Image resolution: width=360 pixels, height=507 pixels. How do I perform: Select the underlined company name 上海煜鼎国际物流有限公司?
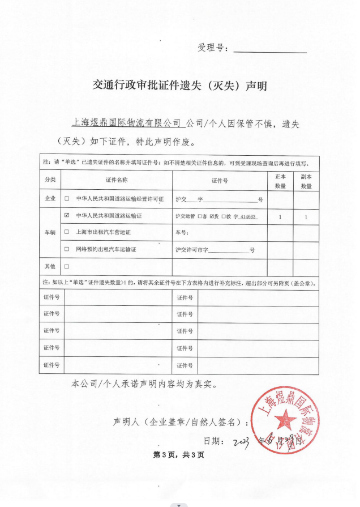point(127,122)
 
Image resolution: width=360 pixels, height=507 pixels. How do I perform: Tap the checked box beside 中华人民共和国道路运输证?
point(67,216)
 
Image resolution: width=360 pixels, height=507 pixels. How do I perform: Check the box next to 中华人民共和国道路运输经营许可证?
point(67,199)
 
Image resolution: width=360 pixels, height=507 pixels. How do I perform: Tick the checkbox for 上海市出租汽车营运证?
point(67,232)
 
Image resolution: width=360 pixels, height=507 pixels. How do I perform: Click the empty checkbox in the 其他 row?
point(67,266)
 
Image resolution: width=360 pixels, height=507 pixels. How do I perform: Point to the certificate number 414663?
point(248,216)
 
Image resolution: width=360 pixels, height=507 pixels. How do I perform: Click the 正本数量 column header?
point(280,181)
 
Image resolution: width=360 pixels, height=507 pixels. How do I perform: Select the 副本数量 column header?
point(306,181)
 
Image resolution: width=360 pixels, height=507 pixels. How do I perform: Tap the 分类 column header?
point(50,180)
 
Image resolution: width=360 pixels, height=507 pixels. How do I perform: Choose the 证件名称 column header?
point(117,180)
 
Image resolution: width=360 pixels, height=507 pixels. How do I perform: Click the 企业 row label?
point(50,199)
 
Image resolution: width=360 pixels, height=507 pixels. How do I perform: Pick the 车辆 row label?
point(50,232)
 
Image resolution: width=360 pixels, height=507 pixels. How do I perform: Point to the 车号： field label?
point(182,232)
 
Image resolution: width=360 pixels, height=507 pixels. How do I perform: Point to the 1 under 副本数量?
point(306,216)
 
